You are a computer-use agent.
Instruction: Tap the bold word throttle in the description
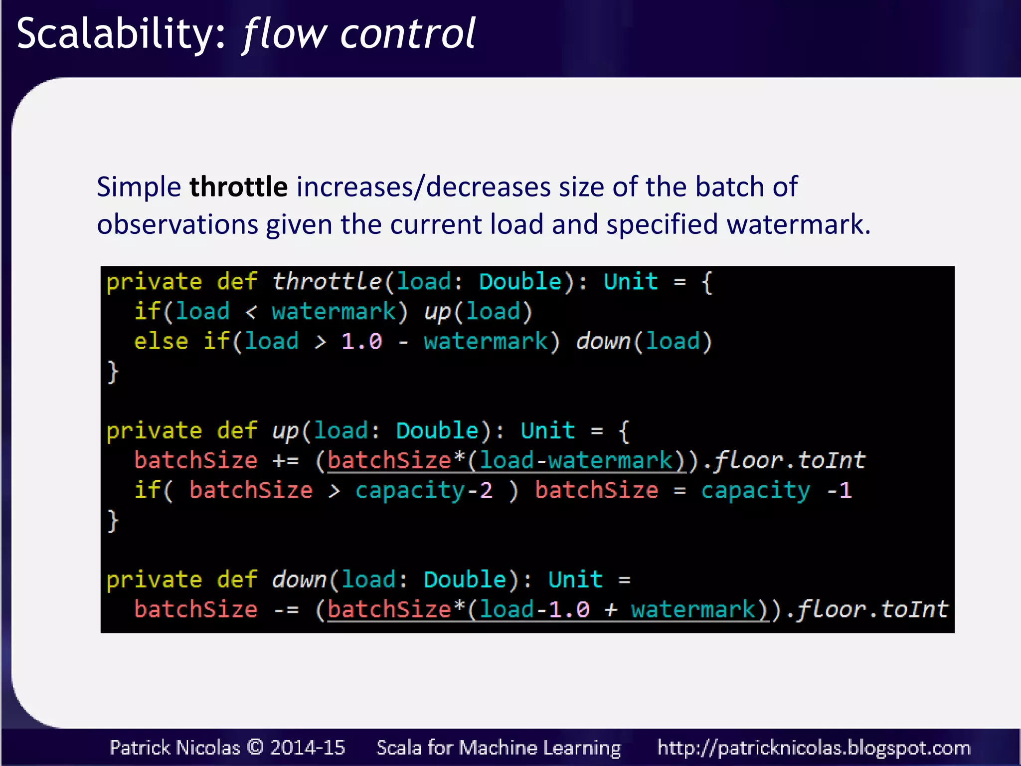point(238,187)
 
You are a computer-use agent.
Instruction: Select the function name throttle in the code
point(327,282)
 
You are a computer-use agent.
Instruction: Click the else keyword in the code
point(161,342)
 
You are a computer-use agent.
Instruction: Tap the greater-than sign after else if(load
point(321,342)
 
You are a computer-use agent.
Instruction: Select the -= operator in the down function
point(286,610)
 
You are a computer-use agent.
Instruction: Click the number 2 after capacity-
point(486,491)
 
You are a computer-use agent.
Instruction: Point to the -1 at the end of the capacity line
point(839,491)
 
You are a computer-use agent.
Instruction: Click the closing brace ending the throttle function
point(113,372)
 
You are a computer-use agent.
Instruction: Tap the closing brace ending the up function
point(113,521)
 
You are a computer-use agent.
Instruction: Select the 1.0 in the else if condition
point(361,342)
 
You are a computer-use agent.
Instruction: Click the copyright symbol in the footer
point(255,747)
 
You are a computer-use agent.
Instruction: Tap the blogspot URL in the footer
point(814,748)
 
